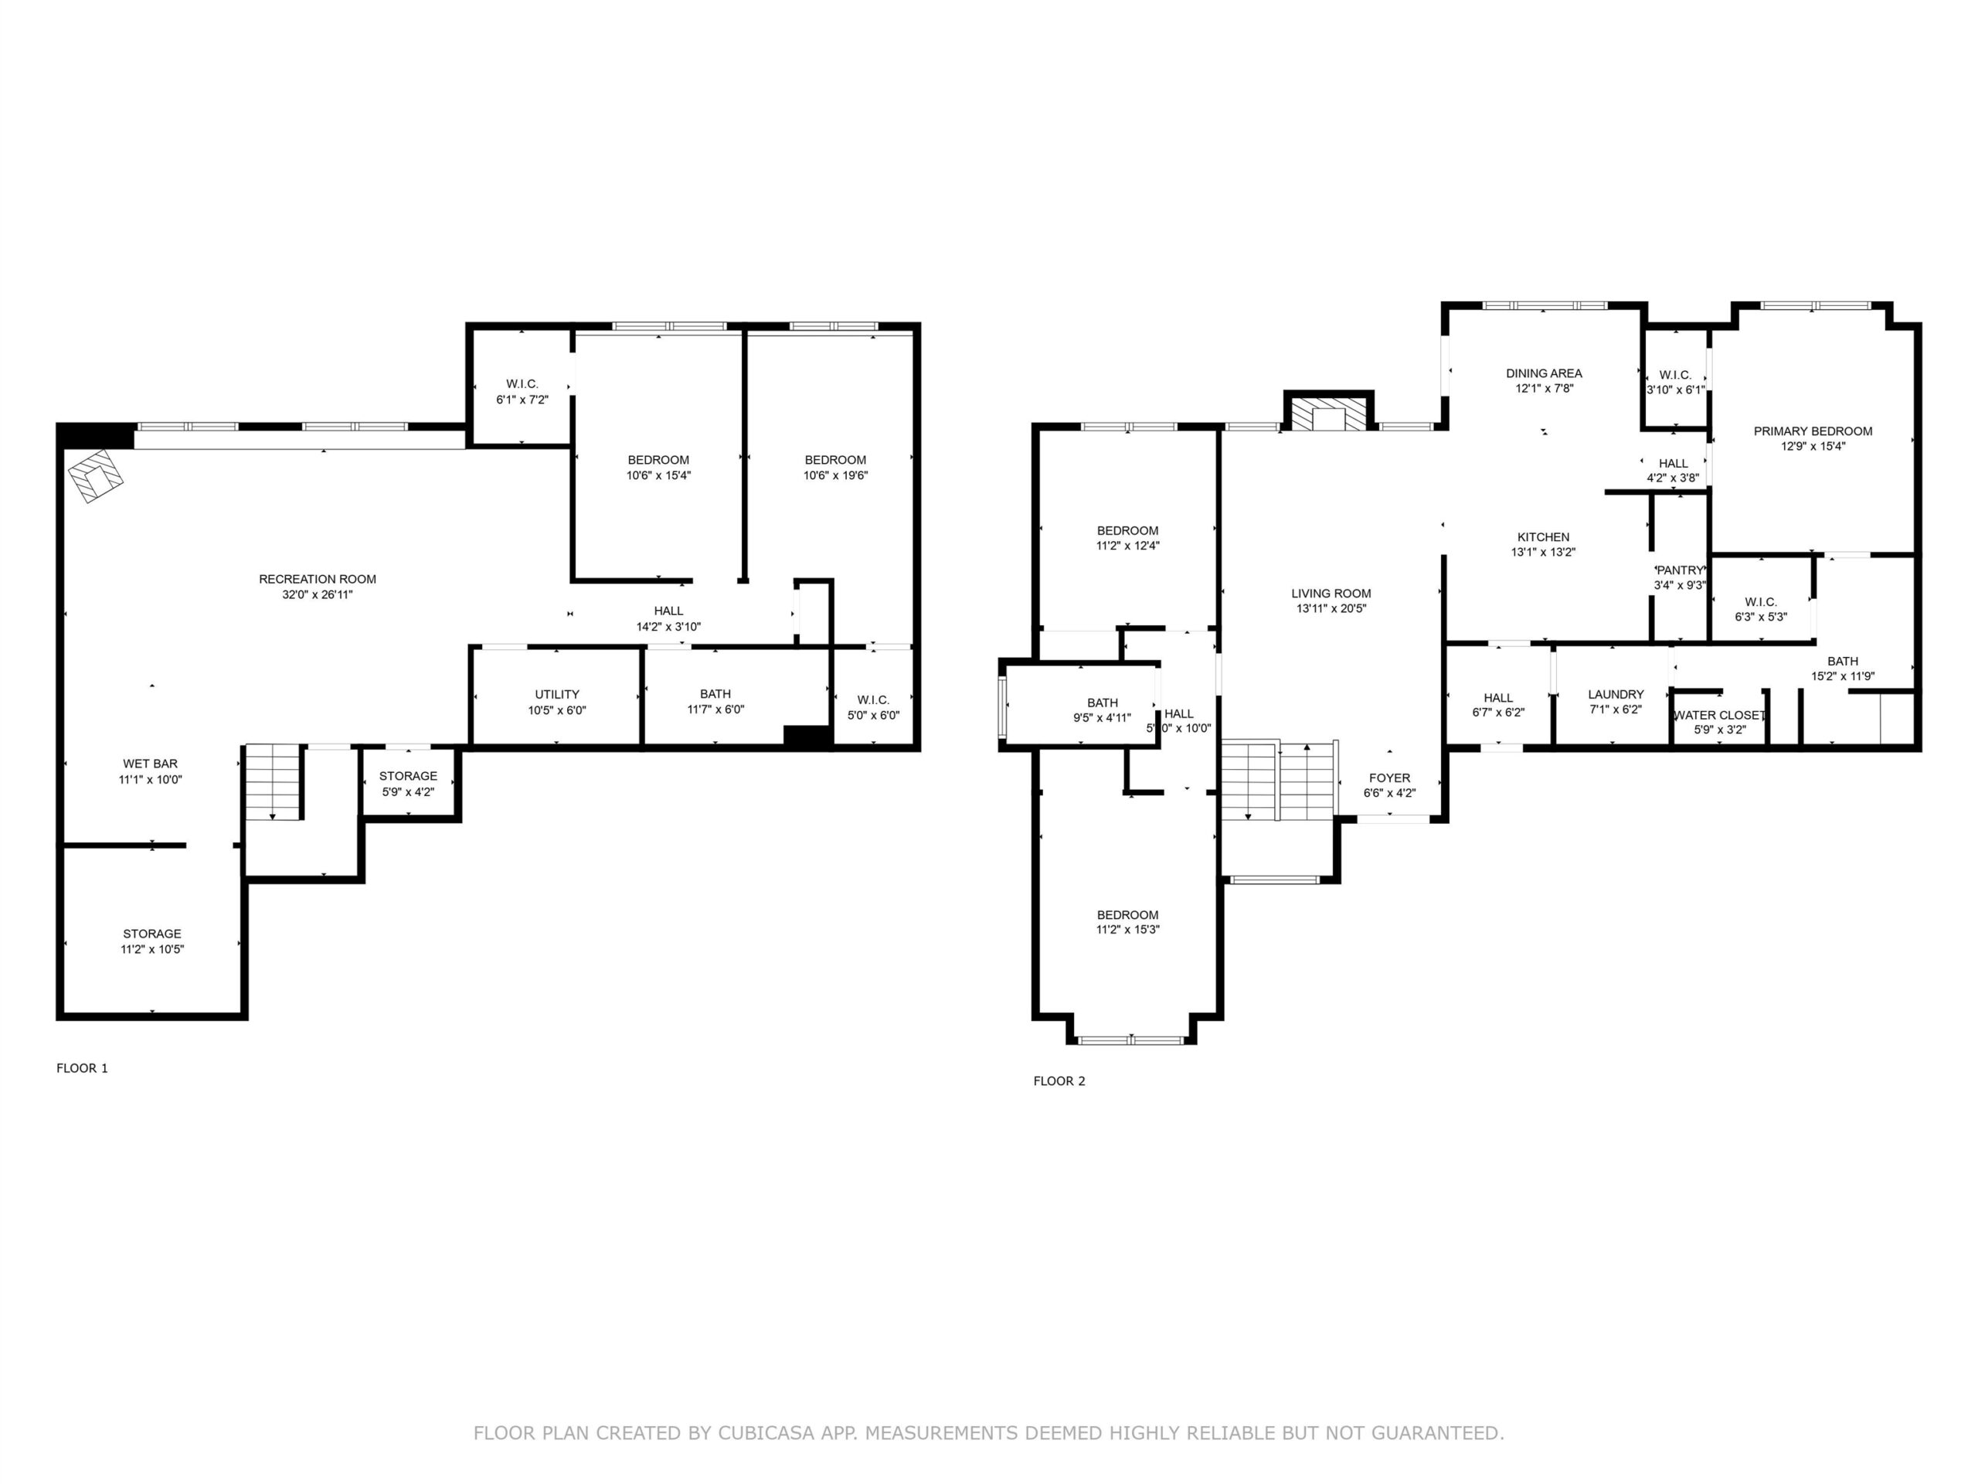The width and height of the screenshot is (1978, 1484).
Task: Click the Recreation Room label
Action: [x=318, y=579]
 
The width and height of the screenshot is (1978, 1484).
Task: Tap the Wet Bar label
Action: [x=150, y=764]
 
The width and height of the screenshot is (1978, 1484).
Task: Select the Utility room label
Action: [x=557, y=694]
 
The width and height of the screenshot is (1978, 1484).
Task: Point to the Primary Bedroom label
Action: [x=1813, y=431]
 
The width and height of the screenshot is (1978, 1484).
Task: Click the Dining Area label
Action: [x=1544, y=373]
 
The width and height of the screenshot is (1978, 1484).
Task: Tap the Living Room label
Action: [x=1331, y=593]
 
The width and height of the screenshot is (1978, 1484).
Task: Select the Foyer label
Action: [x=1388, y=778]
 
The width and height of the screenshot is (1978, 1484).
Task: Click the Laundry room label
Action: [x=1616, y=694]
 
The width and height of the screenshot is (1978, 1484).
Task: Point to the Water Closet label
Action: [x=1718, y=715]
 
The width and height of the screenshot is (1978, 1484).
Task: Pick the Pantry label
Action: [x=1681, y=570]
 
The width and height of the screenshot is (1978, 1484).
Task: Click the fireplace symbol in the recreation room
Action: [x=96, y=476]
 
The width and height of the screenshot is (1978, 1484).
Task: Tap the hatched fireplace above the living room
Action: [x=1329, y=414]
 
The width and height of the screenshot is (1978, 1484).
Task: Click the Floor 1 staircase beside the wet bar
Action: [x=273, y=782]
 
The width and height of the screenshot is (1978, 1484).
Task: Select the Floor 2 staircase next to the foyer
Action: [x=1280, y=780]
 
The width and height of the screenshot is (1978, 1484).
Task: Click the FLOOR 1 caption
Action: [x=82, y=1068]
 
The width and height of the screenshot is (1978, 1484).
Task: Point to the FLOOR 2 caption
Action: [x=1059, y=1081]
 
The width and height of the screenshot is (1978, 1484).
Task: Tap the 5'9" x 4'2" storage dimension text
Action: [x=408, y=791]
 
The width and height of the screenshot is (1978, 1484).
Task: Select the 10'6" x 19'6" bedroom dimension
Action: [x=835, y=476]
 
